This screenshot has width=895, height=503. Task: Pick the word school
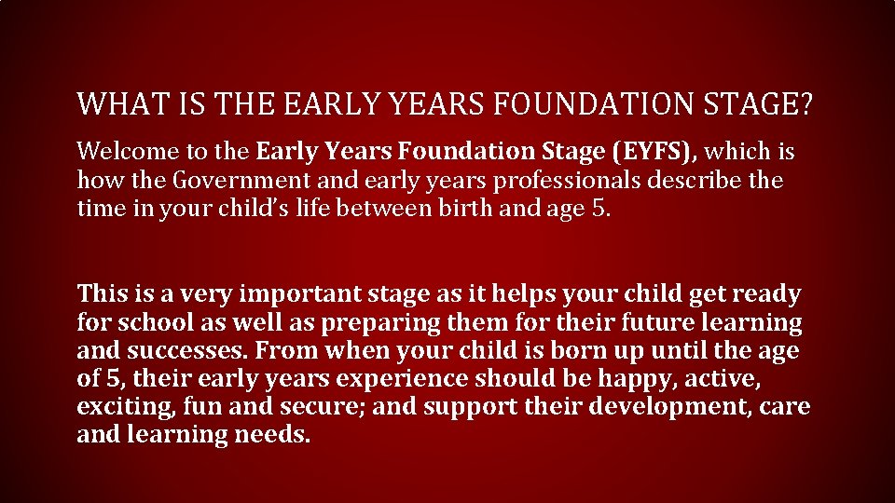(155, 322)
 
